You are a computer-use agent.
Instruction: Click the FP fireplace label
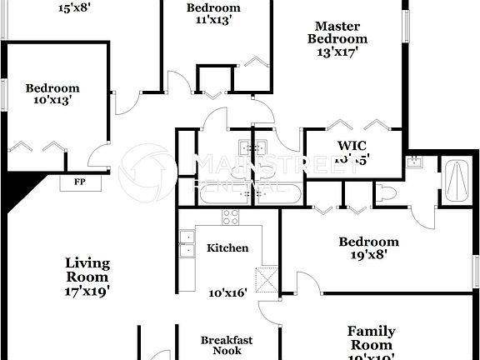click(80, 182)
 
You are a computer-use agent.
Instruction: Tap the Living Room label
click(87, 269)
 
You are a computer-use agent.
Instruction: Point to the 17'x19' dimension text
click(87, 292)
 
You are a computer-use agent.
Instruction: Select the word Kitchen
click(227, 247)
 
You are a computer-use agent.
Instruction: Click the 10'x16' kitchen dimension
click(227, 292)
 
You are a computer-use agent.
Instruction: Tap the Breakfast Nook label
click(227, 345)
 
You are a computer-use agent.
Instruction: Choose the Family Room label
click(371, 337)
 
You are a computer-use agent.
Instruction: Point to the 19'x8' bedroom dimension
click(368, 257)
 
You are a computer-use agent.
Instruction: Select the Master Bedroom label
click(337, 32)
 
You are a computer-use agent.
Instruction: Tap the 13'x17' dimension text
click(337, 52)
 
